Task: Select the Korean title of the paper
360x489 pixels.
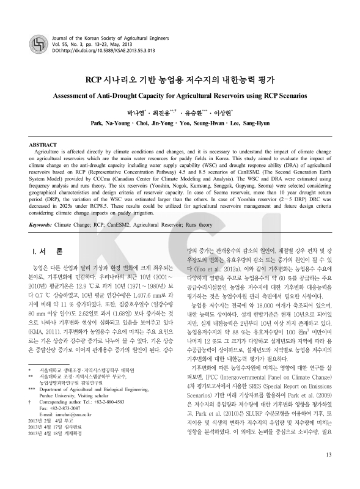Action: pyautogui.click(x=180, y=80)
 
